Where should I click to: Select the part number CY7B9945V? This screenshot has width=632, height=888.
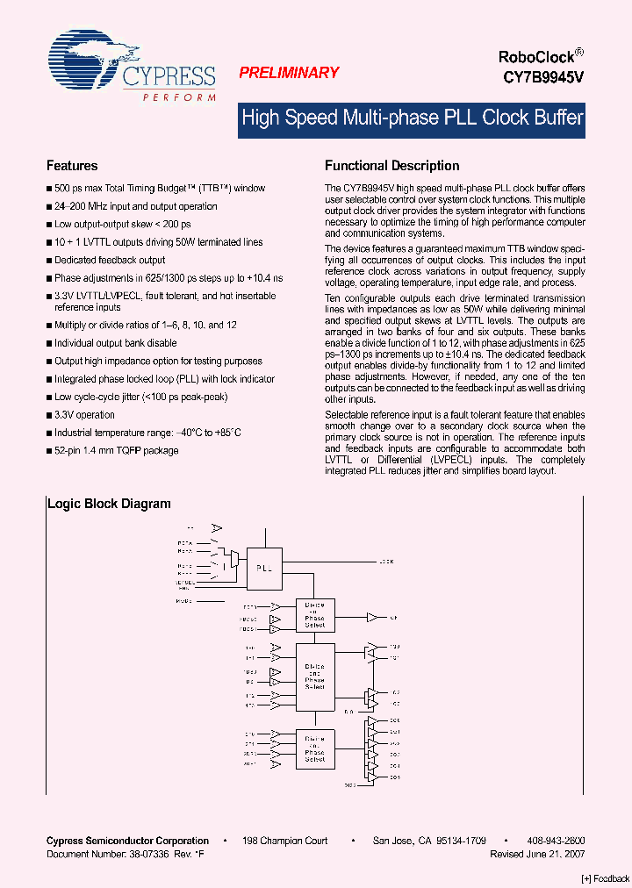pyautogui.click(x=542, y=77)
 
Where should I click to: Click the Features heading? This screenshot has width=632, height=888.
pyautogui.click(x=72, y=166)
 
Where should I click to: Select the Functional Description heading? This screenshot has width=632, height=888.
pyautogui.click(x=391, y=166)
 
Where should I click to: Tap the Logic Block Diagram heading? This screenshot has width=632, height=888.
pyautogui.click(x=109, y=504)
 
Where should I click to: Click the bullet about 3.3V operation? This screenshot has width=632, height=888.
pyautogui.click(x=84, y=415)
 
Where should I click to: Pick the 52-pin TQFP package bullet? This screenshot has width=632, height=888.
pyautogui.click(x=116, y=451)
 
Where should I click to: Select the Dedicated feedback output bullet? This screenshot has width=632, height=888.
pyautogui.click(x=110, y=261)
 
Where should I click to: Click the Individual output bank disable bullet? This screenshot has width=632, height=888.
pyautogui.click(x=115, y=343)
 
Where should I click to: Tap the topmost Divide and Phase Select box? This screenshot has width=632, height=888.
pyautogui.click(x=314, y=614)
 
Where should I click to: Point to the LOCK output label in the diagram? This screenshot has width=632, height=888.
pyautogui.click(x=386, y=561)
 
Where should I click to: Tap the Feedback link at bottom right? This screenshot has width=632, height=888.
pyautogui.click(x=606, y=878)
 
